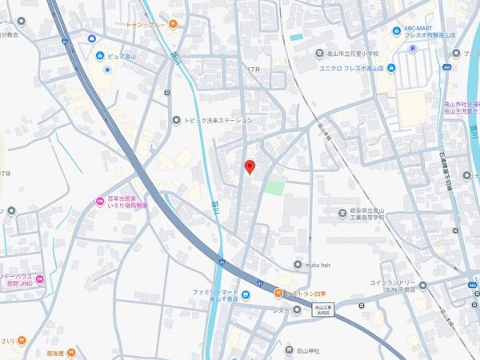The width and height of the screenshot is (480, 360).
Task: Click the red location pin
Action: click(249, 166)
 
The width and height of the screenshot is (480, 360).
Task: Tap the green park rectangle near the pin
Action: click(274, 188)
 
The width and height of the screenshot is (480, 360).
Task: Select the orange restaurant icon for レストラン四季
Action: click(278, 293)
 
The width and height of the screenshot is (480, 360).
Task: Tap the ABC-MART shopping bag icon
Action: click(398, 31)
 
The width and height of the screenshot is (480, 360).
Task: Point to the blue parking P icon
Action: click(414, 48)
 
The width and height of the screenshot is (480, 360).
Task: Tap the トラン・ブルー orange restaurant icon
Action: click(172, 24)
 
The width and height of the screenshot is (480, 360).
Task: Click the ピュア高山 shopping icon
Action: click(100, 56)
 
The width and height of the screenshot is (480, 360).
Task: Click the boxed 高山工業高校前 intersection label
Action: click(323, 310)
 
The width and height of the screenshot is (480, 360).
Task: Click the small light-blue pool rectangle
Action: click(296, 37)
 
